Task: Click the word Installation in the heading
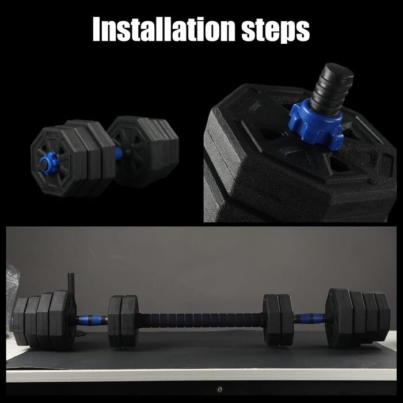coord(164,29)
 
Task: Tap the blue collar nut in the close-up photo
coord(317,124)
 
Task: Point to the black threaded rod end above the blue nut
coord(331,89)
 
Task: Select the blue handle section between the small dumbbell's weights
coord(118,154)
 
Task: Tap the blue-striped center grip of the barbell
coord(200,320)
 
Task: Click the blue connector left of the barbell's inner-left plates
coord(92,320)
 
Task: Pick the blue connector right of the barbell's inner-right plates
coord(309,318)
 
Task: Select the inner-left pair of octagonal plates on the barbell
coord(123,321)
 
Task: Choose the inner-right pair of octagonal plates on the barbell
coord(278,320)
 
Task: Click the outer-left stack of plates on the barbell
coord(43,320)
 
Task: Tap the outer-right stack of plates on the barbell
coord(358,318)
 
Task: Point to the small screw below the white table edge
coord(219,389)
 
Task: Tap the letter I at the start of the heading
coord(96,29)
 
